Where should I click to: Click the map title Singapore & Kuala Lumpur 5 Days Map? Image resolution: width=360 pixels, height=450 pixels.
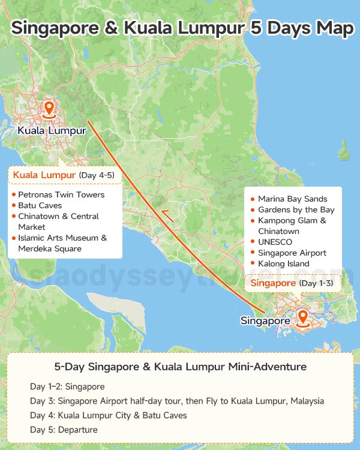click(x=182, y=28)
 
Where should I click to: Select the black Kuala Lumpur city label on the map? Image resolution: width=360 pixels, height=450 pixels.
click(x=48, y=130)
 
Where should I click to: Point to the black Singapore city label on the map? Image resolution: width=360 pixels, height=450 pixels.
click(x=266, y=321)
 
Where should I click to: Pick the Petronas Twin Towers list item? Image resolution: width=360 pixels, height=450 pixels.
click(x=61, y=194)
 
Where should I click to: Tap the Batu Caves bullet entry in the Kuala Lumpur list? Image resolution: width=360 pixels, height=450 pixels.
click(x=40, y=205)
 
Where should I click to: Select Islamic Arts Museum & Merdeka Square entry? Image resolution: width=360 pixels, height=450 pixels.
click(x=62, y=243)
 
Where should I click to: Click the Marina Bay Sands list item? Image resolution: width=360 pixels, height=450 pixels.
click(x=292, y=199)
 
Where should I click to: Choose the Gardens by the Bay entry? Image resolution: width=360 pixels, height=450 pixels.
click(x=296, y=209)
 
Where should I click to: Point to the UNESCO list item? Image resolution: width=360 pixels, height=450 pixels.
click(x=275, y=242)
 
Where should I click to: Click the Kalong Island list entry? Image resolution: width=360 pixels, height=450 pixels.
click(x=283, y=263)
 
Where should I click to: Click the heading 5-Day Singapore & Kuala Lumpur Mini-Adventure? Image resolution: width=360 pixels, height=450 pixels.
click(x=180, y=367)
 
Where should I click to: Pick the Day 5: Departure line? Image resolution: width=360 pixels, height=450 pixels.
click(x=64, y=430)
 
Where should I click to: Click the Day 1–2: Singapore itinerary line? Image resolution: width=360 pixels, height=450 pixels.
click(x=67, y=386)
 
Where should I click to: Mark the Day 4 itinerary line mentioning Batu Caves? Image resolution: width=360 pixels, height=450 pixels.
click(x=108, y=415)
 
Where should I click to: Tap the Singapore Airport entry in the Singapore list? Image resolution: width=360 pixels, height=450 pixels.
click(x=292, y=253)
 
